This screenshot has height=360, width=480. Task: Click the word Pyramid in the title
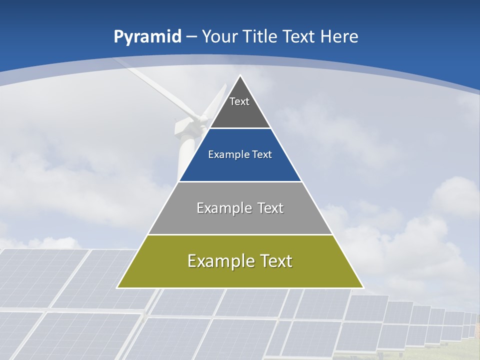(147, 37)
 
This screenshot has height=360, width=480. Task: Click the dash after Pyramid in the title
(191, 37)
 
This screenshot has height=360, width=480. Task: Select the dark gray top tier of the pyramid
(240, 112)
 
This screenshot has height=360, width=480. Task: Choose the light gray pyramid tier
(240, 220)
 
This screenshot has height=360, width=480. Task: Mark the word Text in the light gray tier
(270, 208)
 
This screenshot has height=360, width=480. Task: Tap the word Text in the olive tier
(276, 261)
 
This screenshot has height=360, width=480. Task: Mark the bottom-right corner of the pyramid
(363, 287)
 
